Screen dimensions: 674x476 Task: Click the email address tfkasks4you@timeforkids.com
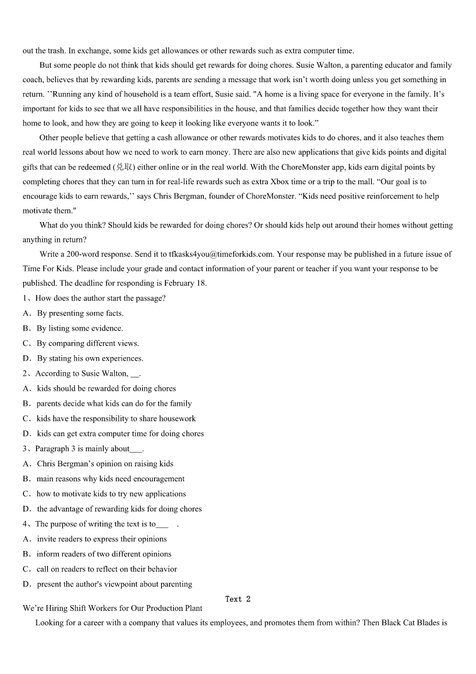pos(221,254)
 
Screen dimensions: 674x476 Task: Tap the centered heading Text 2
pos(238,599)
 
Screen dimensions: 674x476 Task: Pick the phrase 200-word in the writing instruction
pos(82,254)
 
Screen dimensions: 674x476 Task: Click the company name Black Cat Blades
pos(411,623)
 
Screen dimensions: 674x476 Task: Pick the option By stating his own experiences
pos(90,358)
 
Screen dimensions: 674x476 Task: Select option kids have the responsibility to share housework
pos(116,418)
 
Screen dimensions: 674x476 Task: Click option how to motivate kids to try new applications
pos(111,494)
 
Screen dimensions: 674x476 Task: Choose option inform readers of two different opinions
pos(104,554)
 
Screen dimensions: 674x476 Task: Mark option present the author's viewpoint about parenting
pos(114,584)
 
